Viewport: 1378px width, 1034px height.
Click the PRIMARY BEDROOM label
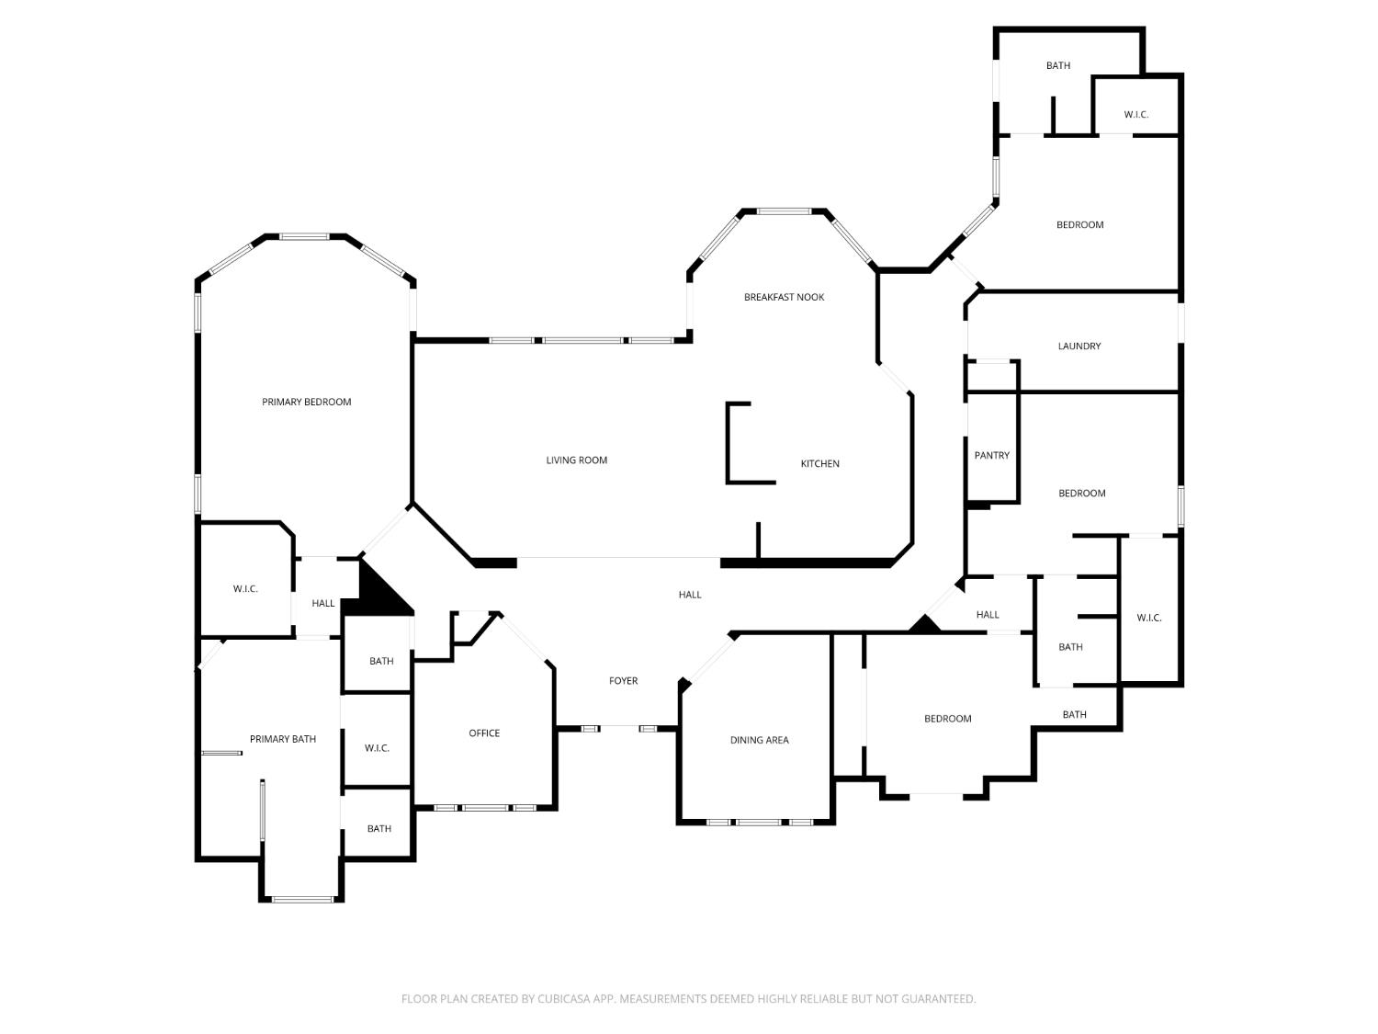pos(306,402)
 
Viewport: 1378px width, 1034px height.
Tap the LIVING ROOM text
pos(576,460)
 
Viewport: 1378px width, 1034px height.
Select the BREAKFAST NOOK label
pos(784,297)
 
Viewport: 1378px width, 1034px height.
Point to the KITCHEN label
pos(819,464)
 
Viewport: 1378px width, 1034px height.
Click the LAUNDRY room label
pos(1079,347)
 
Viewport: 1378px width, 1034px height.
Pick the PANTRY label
pos(991,456)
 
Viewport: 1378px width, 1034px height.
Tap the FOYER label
pos(623,681)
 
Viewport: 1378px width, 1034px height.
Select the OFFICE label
pos(484,733)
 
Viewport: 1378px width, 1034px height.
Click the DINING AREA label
pos(759,740)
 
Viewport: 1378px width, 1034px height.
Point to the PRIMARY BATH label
pos(282,739)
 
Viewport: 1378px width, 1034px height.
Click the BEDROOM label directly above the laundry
pos(1079,225)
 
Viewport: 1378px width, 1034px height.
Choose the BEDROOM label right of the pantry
pos(1081,494)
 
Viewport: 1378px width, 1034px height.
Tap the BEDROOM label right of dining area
pos(947,719)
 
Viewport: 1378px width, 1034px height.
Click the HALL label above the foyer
pos(689,595)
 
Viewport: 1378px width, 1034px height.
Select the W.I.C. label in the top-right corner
pos(1135,115)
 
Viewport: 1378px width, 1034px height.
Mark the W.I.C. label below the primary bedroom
pos(244,589)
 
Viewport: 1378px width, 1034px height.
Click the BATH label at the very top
pos(1057,65)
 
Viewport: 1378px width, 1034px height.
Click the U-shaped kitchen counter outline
pos(728,443)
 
